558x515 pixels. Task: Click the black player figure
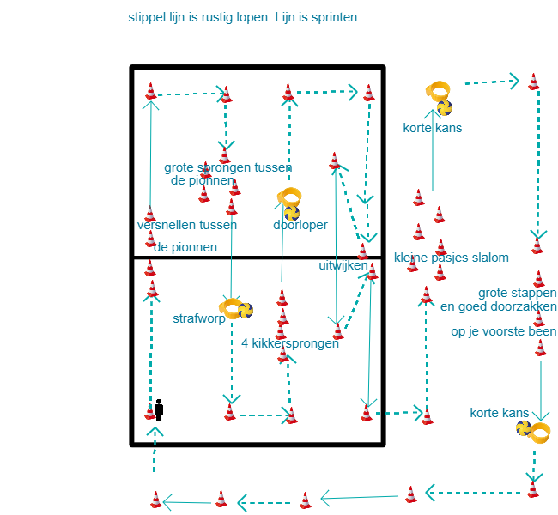point(159,409)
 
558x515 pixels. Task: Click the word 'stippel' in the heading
point(147,17)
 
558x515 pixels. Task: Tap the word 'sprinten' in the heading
point(334,17)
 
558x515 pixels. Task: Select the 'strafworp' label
point(198,318)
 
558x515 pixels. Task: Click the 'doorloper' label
point(300,225)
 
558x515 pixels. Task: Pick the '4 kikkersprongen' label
point(290,343)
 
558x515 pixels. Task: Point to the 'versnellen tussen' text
point(186,225)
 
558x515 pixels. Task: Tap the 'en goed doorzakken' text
point(498,306)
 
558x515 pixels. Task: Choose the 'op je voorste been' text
point(503,331)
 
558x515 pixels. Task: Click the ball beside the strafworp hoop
point(246,310)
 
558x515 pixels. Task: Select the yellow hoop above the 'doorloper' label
point(288,197)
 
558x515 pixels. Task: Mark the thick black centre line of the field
point(258,257)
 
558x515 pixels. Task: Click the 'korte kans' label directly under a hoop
point(432,128)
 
